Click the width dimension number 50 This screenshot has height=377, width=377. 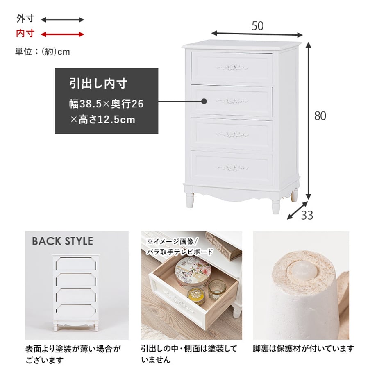(257, 26)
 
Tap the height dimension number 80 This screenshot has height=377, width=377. (320, 116)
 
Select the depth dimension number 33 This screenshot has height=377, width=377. (307, 215)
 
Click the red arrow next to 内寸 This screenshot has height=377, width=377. (63, 34)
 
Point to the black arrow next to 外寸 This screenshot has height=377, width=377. (63, 20)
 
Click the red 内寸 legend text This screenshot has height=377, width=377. (25, 34)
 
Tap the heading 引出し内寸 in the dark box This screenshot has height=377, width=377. (98, 84)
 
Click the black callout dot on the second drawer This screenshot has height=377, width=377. (204, 101)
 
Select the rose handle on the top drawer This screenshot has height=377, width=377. (232, 67)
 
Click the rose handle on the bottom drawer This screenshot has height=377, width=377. (232, 168)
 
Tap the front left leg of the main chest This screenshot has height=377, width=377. (190, 199)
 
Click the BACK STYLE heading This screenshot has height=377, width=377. (63, 241)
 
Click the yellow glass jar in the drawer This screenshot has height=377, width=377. (196, 296)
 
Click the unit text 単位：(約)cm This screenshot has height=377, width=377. (43, 52)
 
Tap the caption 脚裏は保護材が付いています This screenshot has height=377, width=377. (303, 348)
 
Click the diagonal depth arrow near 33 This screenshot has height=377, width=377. (298, 210)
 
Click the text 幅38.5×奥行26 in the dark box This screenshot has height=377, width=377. (106, 104)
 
